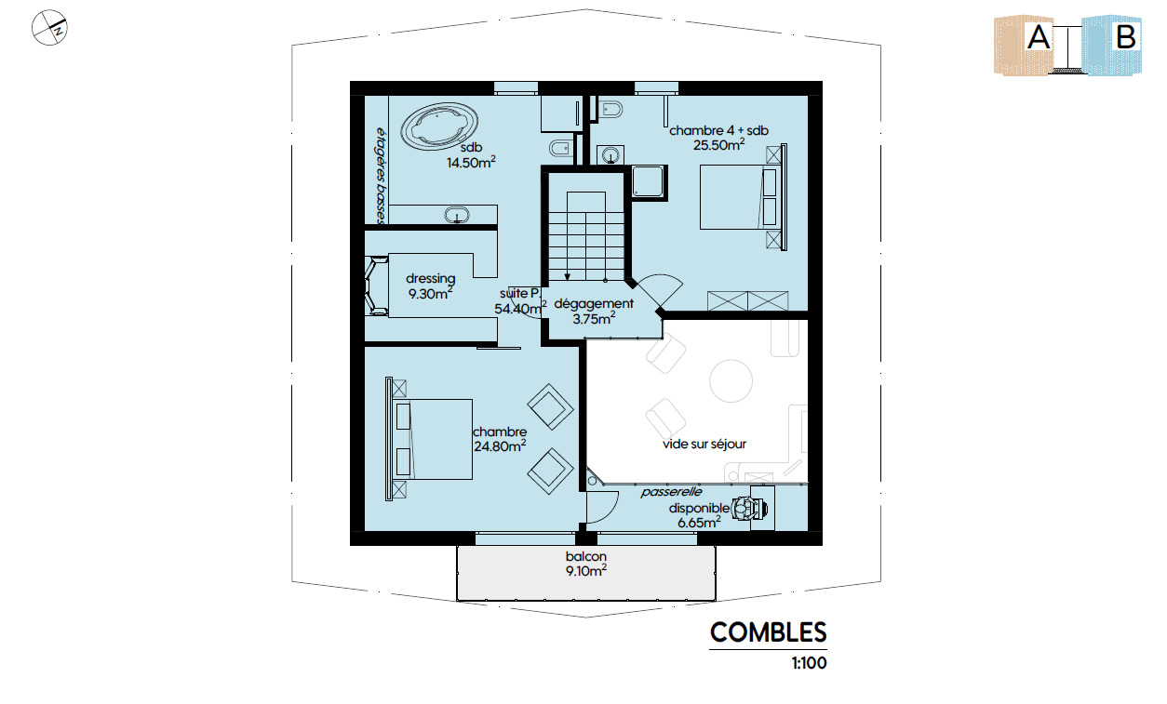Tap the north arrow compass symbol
click(x=49, y=28)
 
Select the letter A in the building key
click(x=1039, y=37)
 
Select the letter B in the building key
click(x=1126, y=37)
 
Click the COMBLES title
click(x=768, y=632)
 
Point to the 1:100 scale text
click(x=809, y=663)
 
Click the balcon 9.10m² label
click(x=586, y=564)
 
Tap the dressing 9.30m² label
click(x=430, y=286)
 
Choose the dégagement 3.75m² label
click(x=594, y=311)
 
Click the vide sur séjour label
click(x=704, y=445)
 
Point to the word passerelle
click(x=671, y=492)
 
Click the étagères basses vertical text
click(x=381, y=176)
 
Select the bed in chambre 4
click(x=741, y=197)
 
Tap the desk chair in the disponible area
click(x=748, y=508)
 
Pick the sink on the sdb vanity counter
click(x=457, y=214)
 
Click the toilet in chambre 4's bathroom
click(x=610, y=110)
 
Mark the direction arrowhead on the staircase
click(x=568, y=276)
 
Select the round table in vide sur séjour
click(x=731, y=381)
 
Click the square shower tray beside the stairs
click(x=648, y=181)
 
